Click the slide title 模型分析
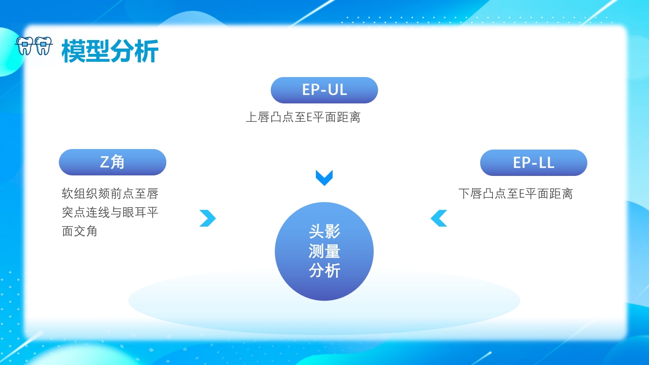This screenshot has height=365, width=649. pyautogui.click(x=110, y=51)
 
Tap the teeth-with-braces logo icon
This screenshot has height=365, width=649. pyautogui.click(x=34, y=46)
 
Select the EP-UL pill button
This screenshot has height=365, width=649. pyautogui.click(x=324, y=90)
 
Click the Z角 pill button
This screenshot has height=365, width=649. pyautogui.click(x=113, y=162)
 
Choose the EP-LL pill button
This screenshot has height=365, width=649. pyautogui.click(x=533, y=163)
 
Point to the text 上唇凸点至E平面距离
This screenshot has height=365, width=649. pyautogui.click(x=303, y=118)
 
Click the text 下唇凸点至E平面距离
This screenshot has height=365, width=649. pyautogui.click(x=515, y=194)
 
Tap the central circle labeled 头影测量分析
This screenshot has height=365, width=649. pyautogui.click(x=324, y=251)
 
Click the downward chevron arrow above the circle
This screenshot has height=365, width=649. pyautogui.click(x=324, y=177)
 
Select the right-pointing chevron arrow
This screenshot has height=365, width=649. pyautogui.click(x=208, y=218)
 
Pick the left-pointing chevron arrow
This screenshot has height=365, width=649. pyautogui.click(x=439, y=218)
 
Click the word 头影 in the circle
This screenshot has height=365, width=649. pyautogui.click(x=324, y=232)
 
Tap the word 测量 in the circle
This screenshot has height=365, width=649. pyautogui.click(x=324, y=251)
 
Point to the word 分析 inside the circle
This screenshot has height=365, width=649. pyautogui.click(x=324, y=271)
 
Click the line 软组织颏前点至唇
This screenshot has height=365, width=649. pyautogui.click(x=110, y=194)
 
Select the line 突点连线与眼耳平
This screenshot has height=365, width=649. pyautogui.click(x=110, y=212)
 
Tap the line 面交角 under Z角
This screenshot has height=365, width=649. pyautogui.click(x=80, y=231)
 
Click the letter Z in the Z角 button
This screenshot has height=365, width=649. pyautogui.click(x=105, y=162)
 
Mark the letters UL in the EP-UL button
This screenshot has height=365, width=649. pyautogui.click(x=337, y=90)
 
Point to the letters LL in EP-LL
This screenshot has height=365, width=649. pyautogui.click(x=546, y=163)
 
